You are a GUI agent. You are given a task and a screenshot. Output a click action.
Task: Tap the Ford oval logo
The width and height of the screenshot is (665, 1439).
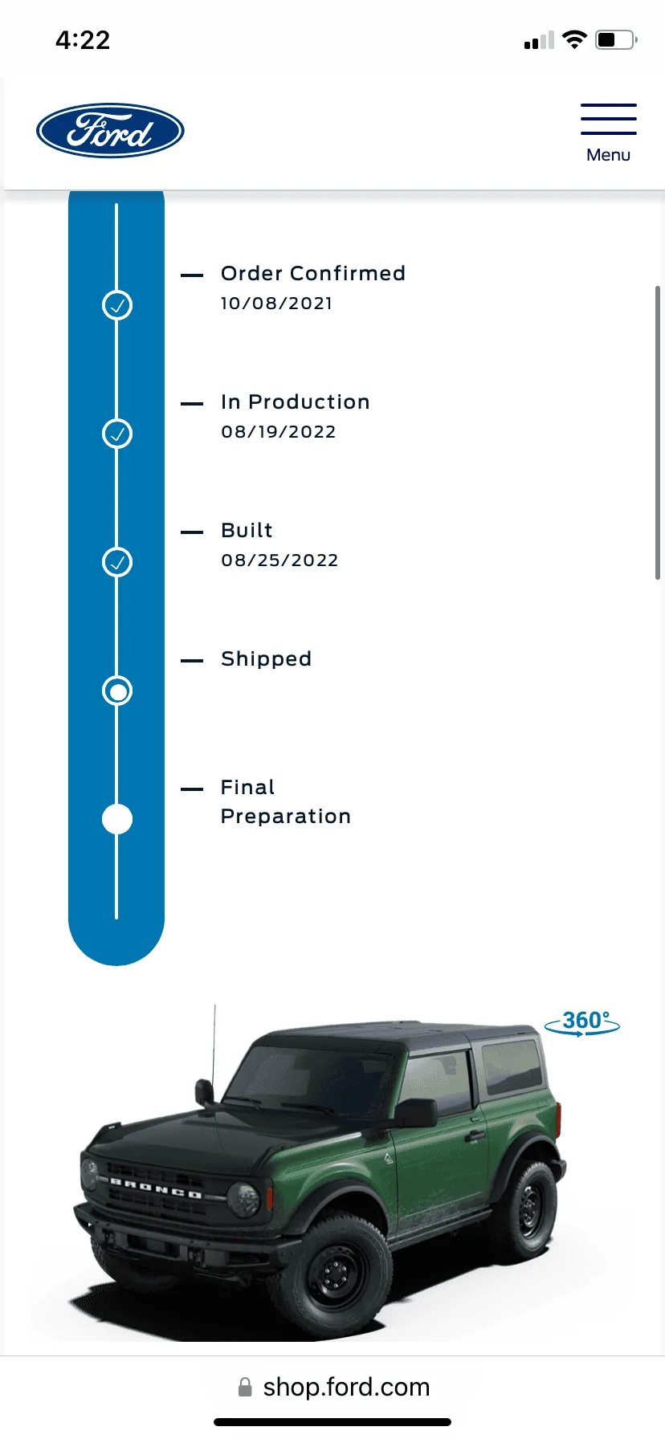[110, 130]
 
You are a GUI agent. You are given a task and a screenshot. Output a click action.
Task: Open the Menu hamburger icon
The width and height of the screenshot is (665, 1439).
[609, 119]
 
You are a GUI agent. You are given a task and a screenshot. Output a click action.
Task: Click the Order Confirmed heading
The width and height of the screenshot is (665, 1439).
[313, 273]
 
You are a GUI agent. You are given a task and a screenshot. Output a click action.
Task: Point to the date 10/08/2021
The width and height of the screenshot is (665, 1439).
[276, 304]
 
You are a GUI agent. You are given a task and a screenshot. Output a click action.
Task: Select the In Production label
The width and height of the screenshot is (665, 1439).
[296, 402]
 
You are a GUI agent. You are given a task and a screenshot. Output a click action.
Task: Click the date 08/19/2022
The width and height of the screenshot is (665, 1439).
[279, 432]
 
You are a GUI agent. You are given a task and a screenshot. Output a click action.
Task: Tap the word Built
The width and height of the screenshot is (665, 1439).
[247, 530]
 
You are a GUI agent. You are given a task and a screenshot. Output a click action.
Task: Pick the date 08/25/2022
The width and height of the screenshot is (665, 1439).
[279, 561]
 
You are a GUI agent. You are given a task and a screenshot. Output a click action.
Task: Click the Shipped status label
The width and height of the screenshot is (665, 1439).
[266, 659]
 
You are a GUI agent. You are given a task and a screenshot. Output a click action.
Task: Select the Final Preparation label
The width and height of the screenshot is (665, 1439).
[286, 801]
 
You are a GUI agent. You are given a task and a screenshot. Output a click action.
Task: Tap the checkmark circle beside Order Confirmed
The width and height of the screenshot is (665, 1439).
[117, 305]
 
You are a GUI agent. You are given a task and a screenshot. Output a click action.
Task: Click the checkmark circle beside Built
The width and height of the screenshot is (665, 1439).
[117, 562]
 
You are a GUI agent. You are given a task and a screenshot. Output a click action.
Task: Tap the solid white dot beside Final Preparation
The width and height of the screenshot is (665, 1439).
[117, 819]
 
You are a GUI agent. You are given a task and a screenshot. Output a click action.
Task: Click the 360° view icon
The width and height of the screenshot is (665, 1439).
[582, 1023]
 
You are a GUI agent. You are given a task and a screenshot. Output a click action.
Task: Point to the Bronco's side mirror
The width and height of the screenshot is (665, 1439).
[417, 1112]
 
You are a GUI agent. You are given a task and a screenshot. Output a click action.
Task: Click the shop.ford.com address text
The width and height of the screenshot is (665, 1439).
[346, 1387]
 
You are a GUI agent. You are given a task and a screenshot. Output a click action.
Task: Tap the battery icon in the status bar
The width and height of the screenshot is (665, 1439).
[616, 39]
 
